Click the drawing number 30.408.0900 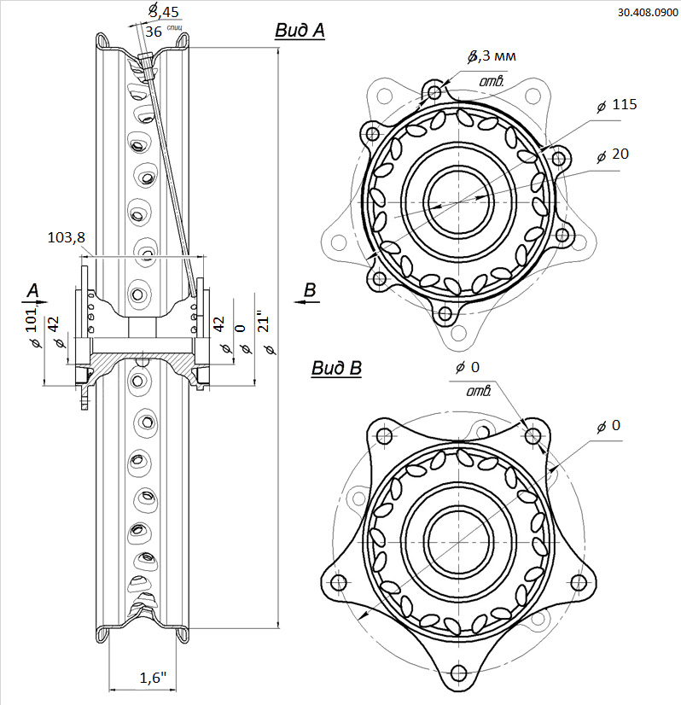coord(647,14)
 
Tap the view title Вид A coord(299,31)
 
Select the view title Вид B coord(335,369)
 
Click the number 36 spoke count coord(154,32)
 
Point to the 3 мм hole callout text coord(492,57)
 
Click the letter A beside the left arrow coord(33,291)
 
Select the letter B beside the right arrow coord(311,291)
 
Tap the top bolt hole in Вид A coord(435,91)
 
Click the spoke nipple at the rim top coord(147,62)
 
